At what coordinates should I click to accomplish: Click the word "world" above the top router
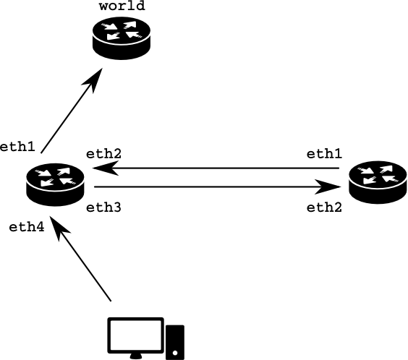click(x=122, y=6)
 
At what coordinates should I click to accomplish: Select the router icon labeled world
click(x=122, y=38)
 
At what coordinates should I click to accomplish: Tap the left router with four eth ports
click(x=55, y=185)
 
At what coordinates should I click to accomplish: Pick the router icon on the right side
click(x=378, y=182)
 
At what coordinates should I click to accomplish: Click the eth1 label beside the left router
click(x=17, y=147)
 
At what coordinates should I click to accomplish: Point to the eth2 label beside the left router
click(x=103, y=154)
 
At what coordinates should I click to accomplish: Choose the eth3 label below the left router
click(x=103, y=207)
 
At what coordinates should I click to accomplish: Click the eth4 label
click(x=27, y=227)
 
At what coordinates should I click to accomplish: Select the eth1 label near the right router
click(x=324, y=154)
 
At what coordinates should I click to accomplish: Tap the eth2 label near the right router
click(x=324, y=207)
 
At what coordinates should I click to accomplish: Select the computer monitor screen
click(x=135, y=335)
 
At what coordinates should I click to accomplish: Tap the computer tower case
click(x=175, y=342)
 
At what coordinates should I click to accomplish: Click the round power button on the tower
click(x=175, y=353)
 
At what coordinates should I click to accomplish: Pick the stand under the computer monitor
click(x=136, y=356)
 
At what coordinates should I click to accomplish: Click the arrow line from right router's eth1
click(x=216, y=168)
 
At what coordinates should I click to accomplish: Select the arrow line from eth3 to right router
click(x=218, y=187)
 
